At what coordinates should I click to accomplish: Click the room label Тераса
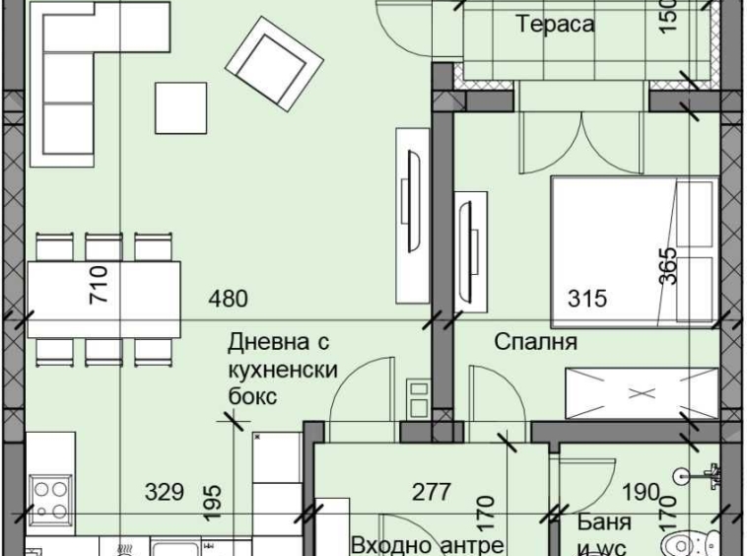click(556, 25)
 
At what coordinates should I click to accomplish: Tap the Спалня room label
click(536, 342)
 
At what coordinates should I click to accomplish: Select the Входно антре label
click(428, 544)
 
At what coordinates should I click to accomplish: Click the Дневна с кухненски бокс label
click(283, 370)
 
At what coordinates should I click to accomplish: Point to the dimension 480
click(227, 299)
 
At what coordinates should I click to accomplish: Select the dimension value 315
click(587, 299)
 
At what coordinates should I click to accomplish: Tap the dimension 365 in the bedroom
click(668, 265)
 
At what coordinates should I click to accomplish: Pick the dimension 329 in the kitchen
click(164, 492)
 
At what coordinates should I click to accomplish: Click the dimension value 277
click(431, 492)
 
